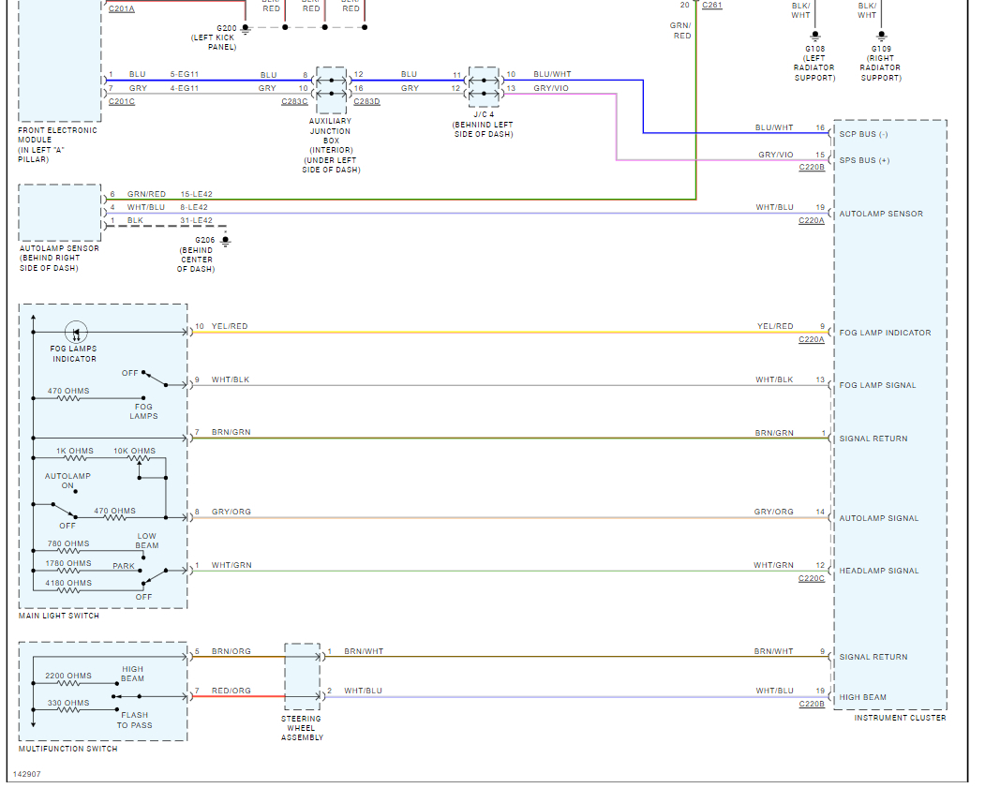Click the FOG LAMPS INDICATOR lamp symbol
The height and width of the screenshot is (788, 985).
[x=76, y=332]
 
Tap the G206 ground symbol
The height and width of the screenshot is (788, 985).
[x=225, y=241]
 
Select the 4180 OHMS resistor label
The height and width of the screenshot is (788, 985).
[x=68, y=583]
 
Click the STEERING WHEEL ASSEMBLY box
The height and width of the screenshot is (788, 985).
[x=302, y=676]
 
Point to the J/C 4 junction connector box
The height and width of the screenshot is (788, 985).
[x=484, y=87]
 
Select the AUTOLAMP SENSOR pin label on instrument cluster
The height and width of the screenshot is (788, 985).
[x=881, y=214]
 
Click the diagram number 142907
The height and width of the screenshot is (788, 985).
[x=26, y=774]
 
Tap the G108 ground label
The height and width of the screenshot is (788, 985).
[x=814, y=48]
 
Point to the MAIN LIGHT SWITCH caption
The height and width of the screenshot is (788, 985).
[x=59, y=616]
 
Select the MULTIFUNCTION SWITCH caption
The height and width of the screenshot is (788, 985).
[x=68, y=749]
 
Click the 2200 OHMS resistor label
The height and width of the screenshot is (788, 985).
[x=68, y=676]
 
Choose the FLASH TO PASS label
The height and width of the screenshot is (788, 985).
[x=134, y=720]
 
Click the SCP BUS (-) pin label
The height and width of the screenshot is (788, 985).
[x=863, y=134]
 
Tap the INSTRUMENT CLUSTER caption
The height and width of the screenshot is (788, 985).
[x=900, y=718]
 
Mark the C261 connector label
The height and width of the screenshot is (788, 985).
[x=711, y=6]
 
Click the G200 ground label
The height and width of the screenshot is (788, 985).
[x=227, y=28]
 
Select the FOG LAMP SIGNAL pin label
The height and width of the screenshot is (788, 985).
[x=877, y=385]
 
